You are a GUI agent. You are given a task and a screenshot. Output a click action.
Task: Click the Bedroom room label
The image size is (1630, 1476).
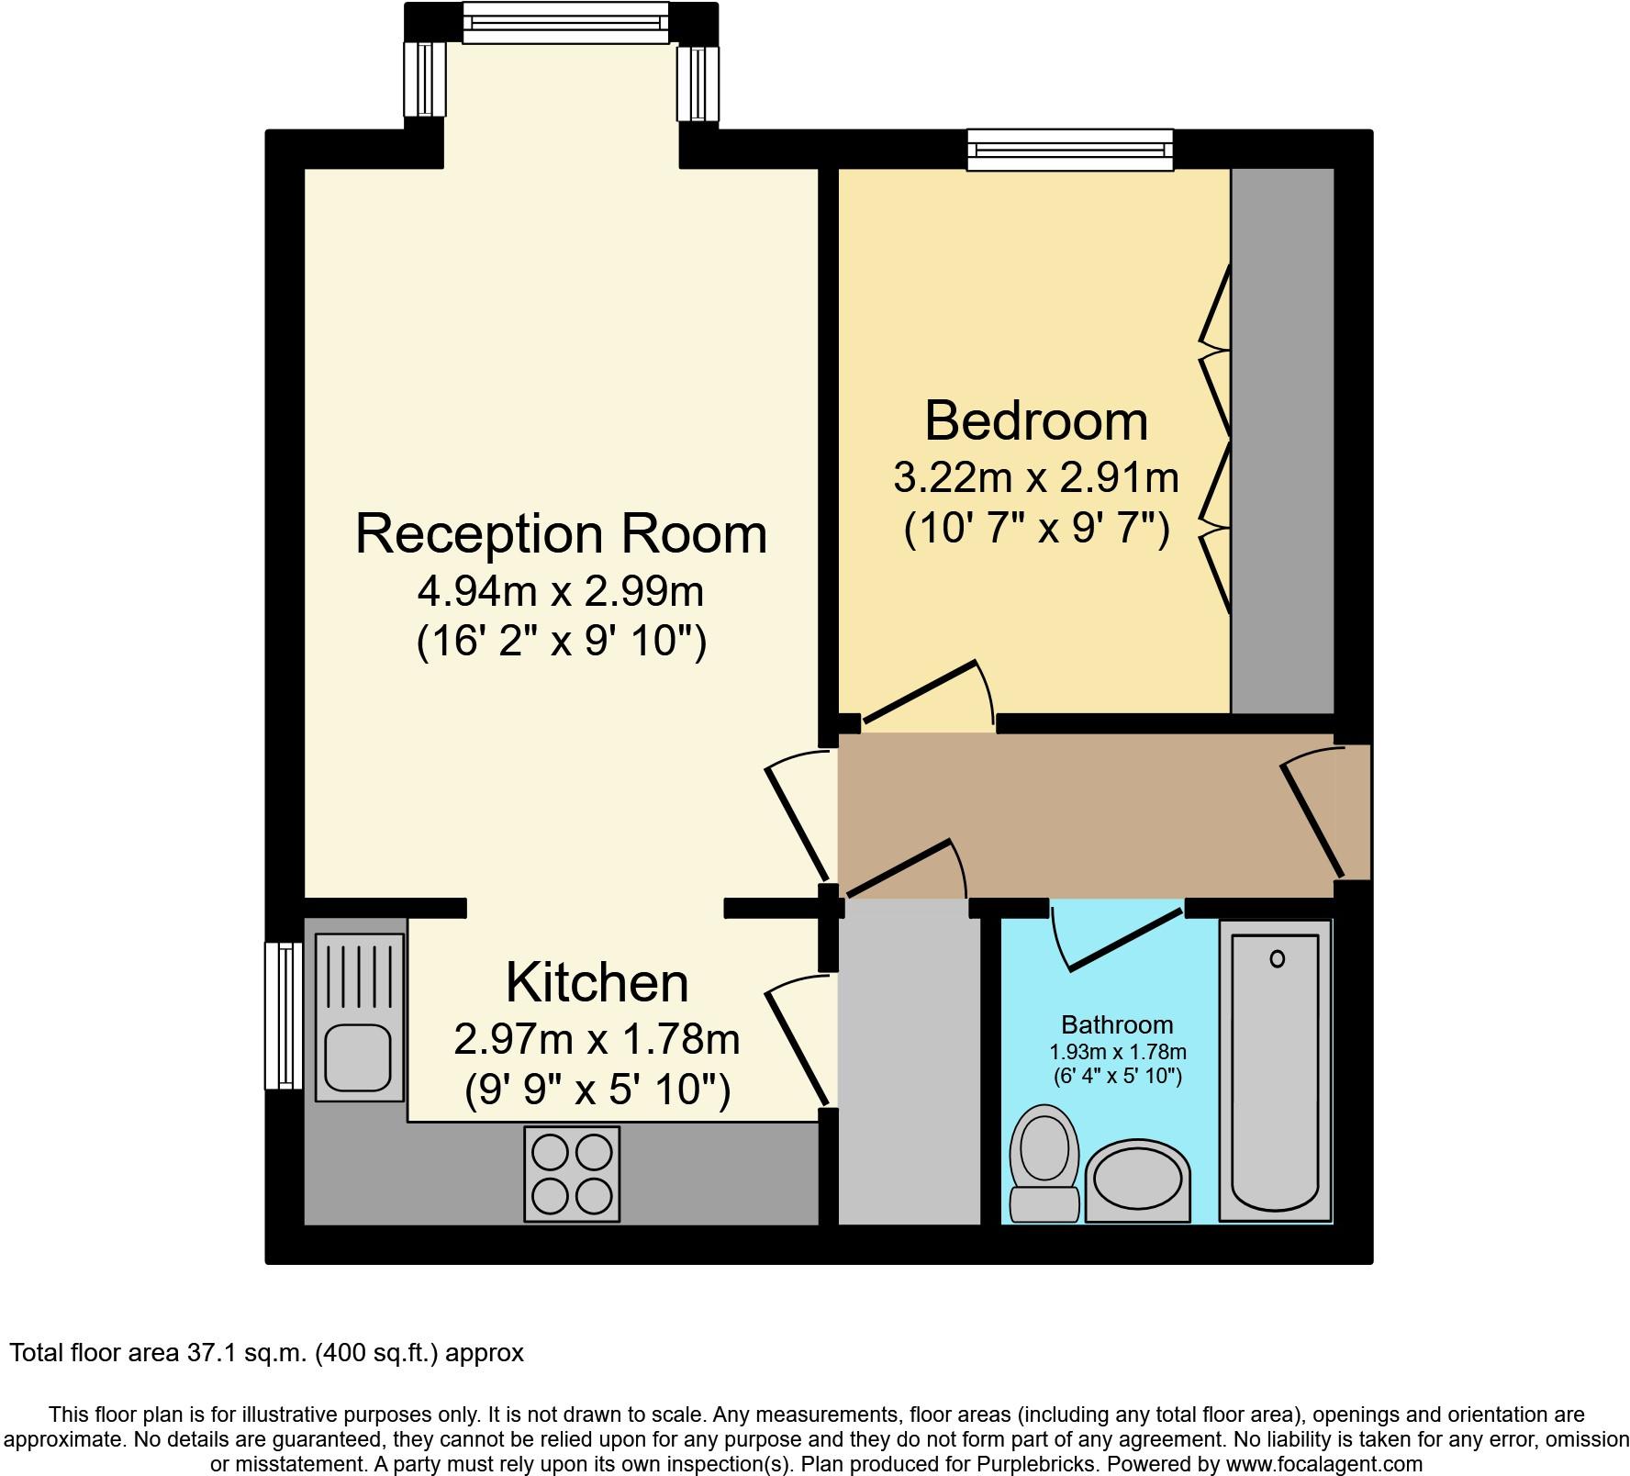[x=1036, y=421]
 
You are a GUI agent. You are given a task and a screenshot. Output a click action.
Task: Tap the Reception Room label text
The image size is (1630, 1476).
[x=561, y=534]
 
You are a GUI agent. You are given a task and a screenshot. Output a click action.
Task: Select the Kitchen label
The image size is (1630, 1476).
[x=597, y=982]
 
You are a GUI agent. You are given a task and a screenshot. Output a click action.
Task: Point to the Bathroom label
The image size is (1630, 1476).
[x=1117, y=1024]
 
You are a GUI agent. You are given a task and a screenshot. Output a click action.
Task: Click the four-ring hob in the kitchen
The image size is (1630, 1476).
[x=572, y=1173]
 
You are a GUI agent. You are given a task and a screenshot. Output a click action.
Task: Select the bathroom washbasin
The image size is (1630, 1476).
[x=1138, y=1181]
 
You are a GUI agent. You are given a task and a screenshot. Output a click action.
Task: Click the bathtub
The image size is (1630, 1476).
[x=1275, y=1071]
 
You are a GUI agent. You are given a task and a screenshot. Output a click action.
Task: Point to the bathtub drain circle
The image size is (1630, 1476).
[x=1277, y=959]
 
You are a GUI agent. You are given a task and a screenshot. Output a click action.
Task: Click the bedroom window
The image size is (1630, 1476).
[x=1070, y=150]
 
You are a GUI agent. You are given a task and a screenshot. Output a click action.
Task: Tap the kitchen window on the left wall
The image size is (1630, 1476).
[x=284, y=1015]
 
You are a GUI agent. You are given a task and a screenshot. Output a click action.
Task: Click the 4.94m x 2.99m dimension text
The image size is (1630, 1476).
[x=561, y=592]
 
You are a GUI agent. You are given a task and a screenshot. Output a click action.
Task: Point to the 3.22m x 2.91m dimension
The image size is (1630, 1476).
[x=1036, y=478]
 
